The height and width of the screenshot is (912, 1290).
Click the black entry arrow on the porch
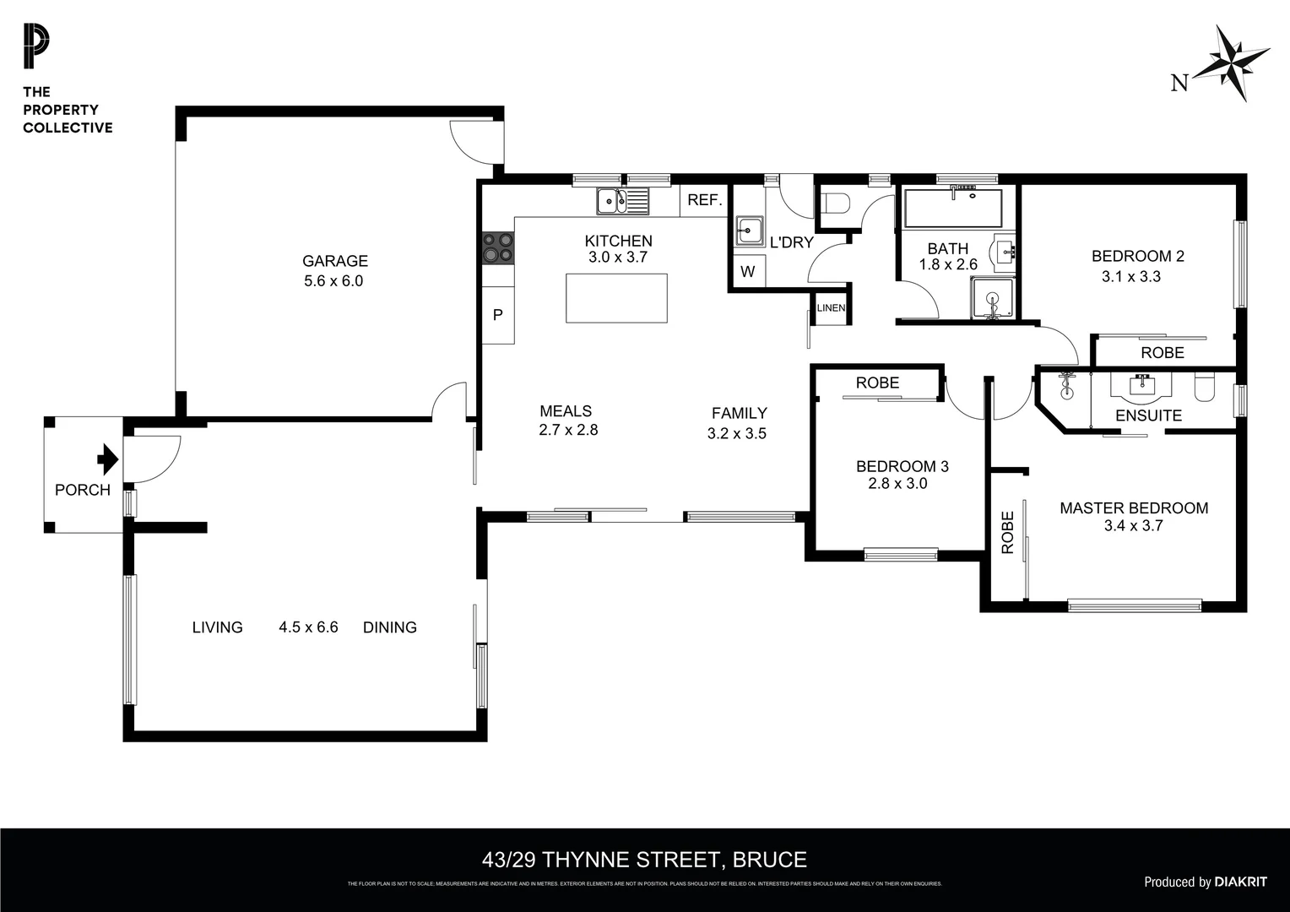click(x=107, y=459)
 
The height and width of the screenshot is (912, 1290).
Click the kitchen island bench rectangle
click(x=616, y=298)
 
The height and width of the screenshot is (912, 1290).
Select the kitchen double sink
click(x=623, y=202)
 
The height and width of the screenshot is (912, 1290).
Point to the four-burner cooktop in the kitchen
click(x=497, y=247)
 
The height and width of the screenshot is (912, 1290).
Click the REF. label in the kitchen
click(x=704, y=200)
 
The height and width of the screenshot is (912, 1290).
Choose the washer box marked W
click(x=747, y=272)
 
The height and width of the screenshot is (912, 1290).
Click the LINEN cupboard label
click(x=831, y=308)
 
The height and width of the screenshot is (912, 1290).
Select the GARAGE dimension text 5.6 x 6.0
click(x=333, y=281)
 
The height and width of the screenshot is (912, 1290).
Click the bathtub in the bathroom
click(x=952, y=208)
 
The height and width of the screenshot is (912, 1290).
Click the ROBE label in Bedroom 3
click(x=877, y=383)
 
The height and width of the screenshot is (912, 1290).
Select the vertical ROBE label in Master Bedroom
click(x=1007, y=532)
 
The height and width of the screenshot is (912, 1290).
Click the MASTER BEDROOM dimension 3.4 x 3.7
click(x=1133, y=526)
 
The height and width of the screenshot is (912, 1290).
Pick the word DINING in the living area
click(x=389, y=627)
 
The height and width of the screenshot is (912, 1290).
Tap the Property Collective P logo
click(x=36, y=47)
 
